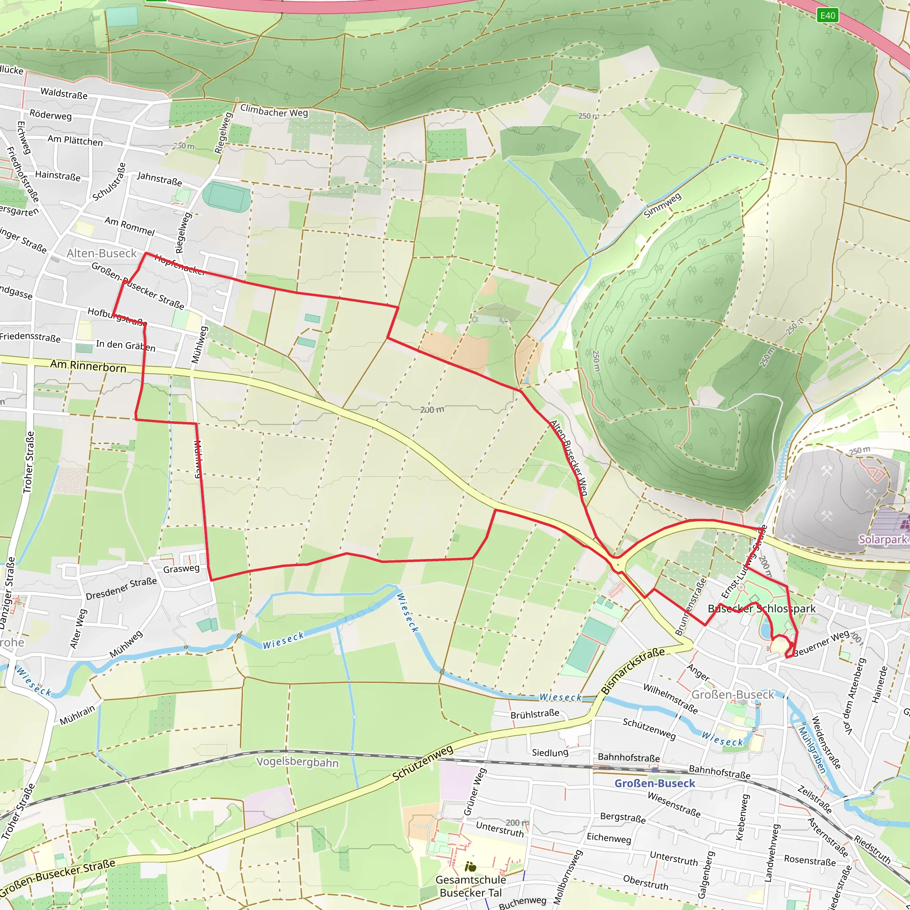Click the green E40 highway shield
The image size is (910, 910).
[x=827, y=16]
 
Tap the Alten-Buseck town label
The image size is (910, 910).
[x=101, y=253]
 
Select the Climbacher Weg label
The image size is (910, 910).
[x=274, y=111]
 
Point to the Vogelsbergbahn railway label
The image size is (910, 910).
[x=297, y=762]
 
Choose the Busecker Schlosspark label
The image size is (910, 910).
[x=762, y=609]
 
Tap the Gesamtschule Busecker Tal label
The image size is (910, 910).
[x=471, y=886]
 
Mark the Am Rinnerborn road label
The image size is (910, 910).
[x=88, y=366]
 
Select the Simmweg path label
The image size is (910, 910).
[x=662, y=206]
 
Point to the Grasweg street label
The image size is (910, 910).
[x=181, y=569]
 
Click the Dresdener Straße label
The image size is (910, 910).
[x=121, y=589]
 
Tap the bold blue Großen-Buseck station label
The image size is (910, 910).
[x=655, y=783]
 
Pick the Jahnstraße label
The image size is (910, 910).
[x=159, y=179]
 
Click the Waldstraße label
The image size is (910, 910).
[x=64, y=93]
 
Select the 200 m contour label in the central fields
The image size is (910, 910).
[x=432, y=410]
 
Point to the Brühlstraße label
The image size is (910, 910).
[x=535, y=714]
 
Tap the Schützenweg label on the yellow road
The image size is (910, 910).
[x=423, y=763]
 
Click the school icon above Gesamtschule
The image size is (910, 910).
[x=470, y=867]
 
